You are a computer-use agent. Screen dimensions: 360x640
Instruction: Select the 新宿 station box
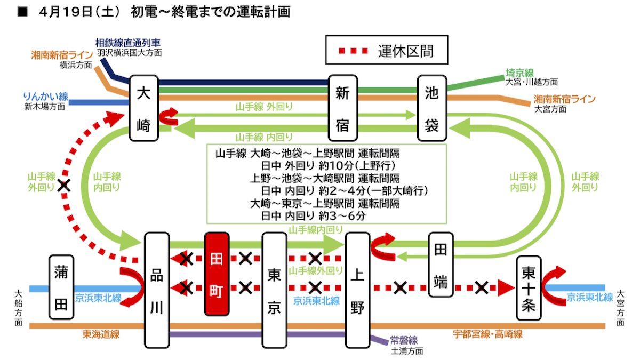[x=342, y=108]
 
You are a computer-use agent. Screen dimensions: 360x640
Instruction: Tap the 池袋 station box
[x=432, y=108]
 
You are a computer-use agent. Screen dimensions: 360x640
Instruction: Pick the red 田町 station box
[x=217, y=274]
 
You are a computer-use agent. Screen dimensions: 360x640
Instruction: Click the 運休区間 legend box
[x=387, y=51]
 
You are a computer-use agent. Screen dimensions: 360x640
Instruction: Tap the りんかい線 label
[x=45, y=97]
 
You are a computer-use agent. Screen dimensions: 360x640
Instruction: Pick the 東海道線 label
[x=100, y=334]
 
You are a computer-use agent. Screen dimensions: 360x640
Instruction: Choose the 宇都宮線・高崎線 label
[x=487, y=334]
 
